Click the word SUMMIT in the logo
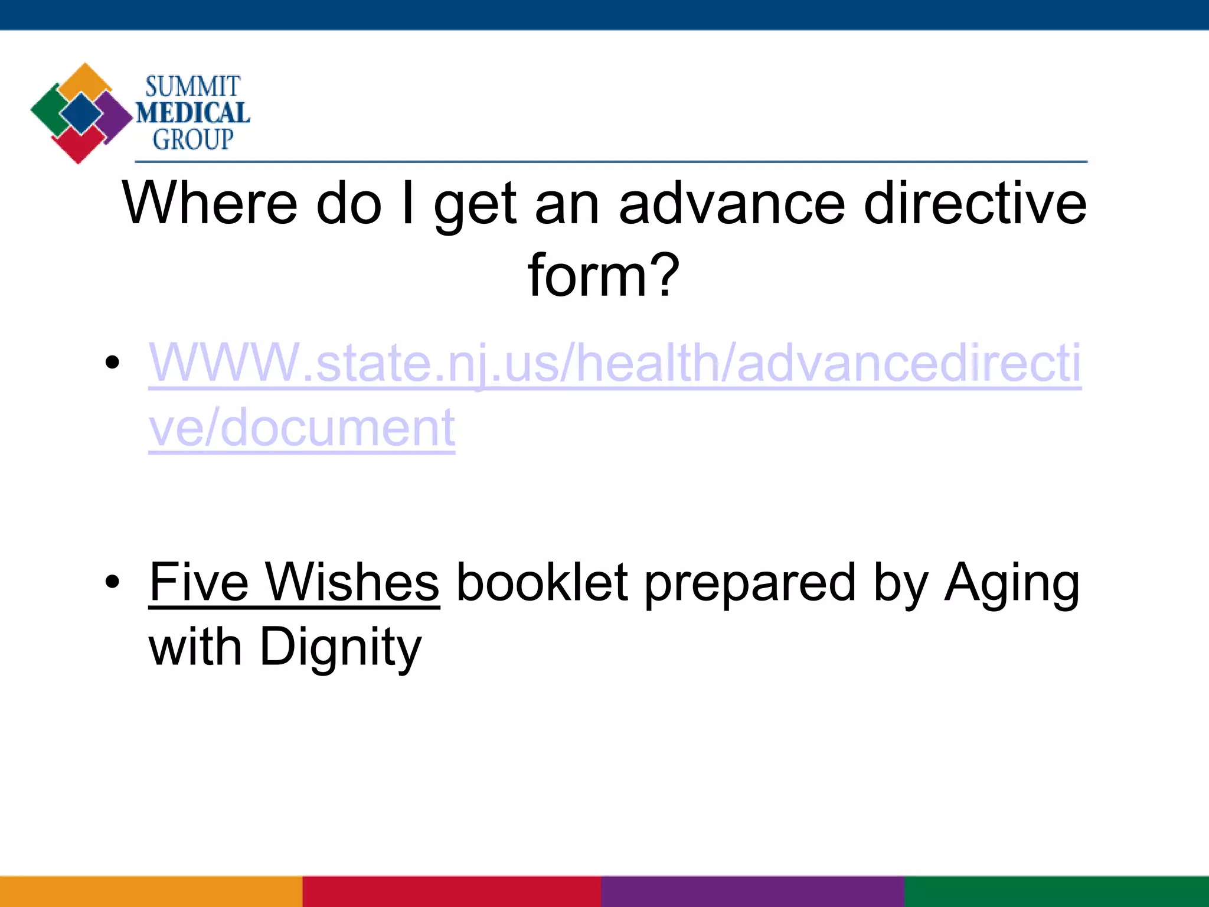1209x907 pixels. click(x=192, y=87)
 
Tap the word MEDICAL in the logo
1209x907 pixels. click(x=193, y=113)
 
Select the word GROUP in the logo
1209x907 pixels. click(x=193, y=140)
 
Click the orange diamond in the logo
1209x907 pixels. click(x=85, y=80)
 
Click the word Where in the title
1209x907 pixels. click(x=209, y=204)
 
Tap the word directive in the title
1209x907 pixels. click(x=975, y=204)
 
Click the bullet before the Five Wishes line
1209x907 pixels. click(x=112, y=582)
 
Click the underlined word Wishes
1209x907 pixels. click(x=352, y=582)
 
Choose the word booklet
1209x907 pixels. click(x=542, y=582)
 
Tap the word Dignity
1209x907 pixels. click(x=341, y=648)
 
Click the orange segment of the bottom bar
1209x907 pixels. click(x=151, y=891)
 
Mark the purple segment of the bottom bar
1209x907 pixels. click(x=753, y=891)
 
